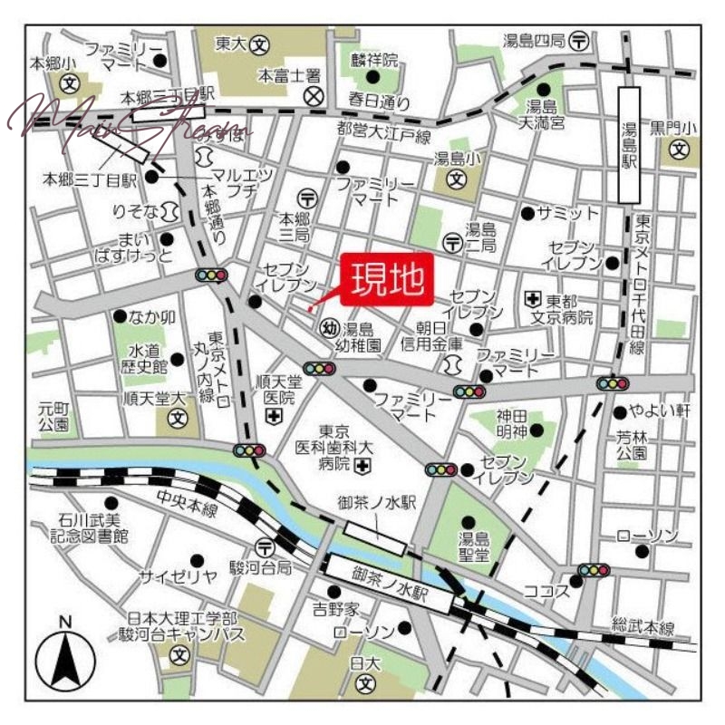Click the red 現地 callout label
[387, 278]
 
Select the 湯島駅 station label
[629, 145]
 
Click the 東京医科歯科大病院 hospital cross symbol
[363, 466]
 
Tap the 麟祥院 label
[375, 61]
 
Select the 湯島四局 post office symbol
[579, 41]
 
